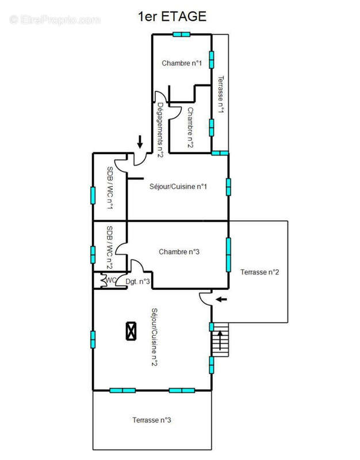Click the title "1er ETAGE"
click(172, 17)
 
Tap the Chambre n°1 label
click(182, 63)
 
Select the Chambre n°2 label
click(191, 127)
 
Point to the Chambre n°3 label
click(179, 252)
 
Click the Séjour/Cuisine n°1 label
click(178, 186)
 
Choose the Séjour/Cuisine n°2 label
click(154, 337)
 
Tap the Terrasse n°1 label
click(221, 94)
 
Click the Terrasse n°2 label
click(260, 272)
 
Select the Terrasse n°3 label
click(152, 420)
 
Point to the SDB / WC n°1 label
click(110, 188)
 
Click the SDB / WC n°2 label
click(109, 247)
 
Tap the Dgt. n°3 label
click(137, 282)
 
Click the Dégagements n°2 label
click(160, 130)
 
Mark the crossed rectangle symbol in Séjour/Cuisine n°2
click(131, 331)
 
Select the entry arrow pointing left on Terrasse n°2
click(221, 300)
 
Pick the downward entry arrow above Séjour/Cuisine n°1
click(140, 141)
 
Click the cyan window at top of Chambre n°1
click(181, 34)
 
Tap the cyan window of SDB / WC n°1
click(93, 195)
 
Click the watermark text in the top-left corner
click(55, 20)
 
